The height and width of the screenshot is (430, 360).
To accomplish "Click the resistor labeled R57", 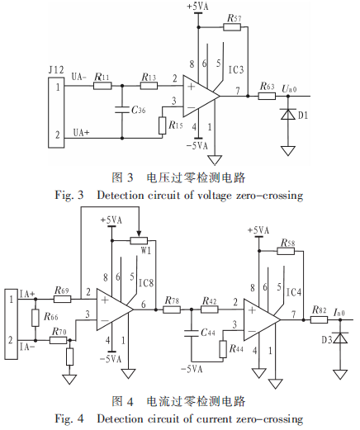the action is click(232, 27).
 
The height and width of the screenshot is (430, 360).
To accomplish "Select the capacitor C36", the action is click(122, 110).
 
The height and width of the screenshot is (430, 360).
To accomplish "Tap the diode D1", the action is click(287, 114).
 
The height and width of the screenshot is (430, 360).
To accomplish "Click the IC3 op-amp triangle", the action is click(201, 96).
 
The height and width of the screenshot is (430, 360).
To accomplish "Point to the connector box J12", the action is click(56, 112).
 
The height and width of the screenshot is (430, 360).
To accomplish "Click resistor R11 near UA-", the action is click(102, 86).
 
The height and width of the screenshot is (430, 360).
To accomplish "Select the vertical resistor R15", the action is click(163, 125).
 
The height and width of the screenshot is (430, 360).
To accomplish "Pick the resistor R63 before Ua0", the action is click(267, 96).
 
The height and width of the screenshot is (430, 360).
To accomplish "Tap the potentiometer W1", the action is click(139, 241).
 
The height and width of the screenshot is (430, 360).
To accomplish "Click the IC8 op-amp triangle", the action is click(115, 310).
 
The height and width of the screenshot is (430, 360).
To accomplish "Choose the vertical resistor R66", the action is click(36, 318).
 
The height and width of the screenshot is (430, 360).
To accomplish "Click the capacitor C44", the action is click(192, 333).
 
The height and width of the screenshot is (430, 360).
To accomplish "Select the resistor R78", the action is click(172, 310).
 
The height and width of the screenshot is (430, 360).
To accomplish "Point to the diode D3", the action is click(340, 338).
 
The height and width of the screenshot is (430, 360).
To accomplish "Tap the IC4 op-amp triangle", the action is click(263, 319).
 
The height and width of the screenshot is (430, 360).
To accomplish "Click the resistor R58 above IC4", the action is click(286, 251).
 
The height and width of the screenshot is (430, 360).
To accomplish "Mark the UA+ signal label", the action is click(81, 133).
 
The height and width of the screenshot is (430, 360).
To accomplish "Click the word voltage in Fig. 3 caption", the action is click(215, 196).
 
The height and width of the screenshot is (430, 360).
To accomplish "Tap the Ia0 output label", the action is click(339, 312).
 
